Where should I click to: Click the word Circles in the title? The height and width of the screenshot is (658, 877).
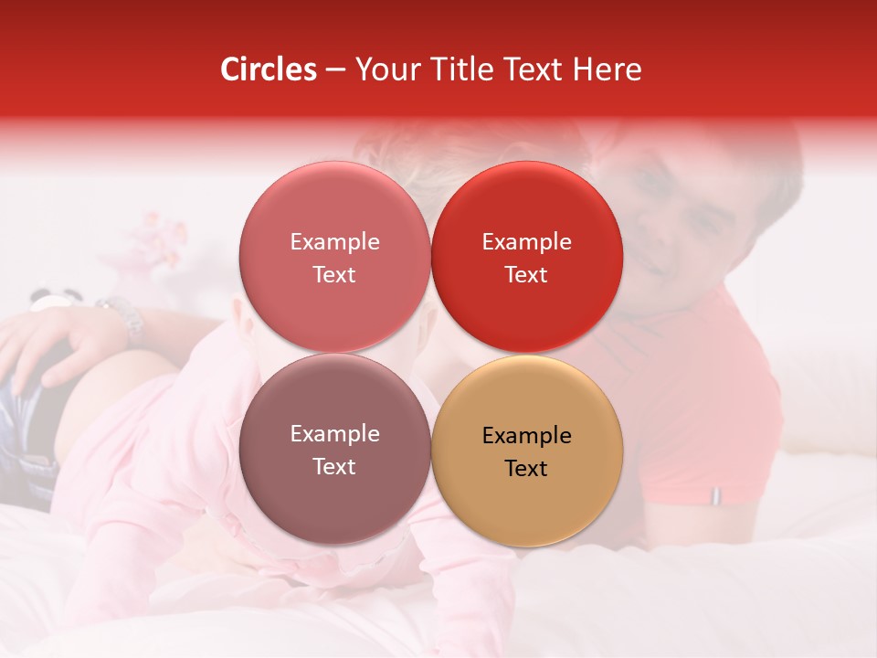tap(269, 69)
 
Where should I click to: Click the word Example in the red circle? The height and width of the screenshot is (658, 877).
tap(526, 242)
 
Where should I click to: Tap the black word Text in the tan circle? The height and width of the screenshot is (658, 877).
tap(526, 468)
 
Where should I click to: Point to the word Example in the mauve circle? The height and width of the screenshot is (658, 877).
tap(334, 434)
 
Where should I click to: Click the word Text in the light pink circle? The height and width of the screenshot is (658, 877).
tap(334, 274)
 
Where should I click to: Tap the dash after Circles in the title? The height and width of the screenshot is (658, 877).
tap(335, 70)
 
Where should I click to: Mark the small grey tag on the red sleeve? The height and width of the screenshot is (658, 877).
tap(715, 495)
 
